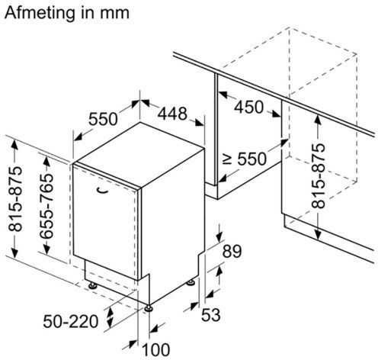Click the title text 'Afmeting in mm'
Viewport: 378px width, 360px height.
pos(67,13)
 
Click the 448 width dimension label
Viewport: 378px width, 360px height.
pos(172,114)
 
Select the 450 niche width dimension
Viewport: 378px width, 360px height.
pos(248,107)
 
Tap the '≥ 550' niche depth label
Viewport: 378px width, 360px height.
pos(245,159)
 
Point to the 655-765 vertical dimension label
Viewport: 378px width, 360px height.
pos(47,206)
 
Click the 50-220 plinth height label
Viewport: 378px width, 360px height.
pos(71,321)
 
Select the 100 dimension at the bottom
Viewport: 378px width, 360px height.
pos(155,350)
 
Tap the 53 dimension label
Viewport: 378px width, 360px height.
pos(211,315)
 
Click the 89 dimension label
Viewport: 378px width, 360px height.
pos(232,251)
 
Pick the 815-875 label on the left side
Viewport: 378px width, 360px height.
pos(15,199)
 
